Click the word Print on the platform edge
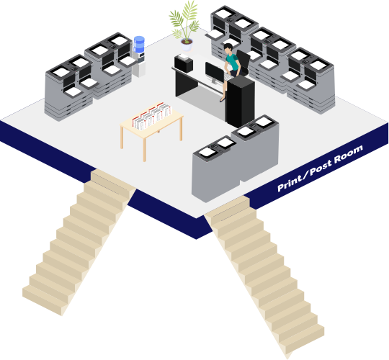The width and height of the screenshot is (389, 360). (x=290, y=183)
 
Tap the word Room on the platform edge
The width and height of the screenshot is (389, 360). (x=349, y=154)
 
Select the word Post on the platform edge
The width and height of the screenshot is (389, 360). (x=321, y=168)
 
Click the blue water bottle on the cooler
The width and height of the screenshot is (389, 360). (x=139, y=45)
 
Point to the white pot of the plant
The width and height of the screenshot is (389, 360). (x=187, y=45)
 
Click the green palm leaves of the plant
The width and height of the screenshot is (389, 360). (x=185, y=20)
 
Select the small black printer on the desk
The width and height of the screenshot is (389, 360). (x=184, y=63)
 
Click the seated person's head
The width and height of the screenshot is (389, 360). (x=228, y=48)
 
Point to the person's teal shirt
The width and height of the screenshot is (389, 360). (x=233, y=62)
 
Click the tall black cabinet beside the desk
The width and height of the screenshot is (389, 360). (x=240, y=101)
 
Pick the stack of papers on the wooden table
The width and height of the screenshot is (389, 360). (x=152, y=116)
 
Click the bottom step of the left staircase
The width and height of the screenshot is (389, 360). (x=45, y=300)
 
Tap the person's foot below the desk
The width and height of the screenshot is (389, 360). (x=223, y=99)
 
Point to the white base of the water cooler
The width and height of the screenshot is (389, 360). (x=138, y=68)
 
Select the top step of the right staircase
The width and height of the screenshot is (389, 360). (x=227, y=208)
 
